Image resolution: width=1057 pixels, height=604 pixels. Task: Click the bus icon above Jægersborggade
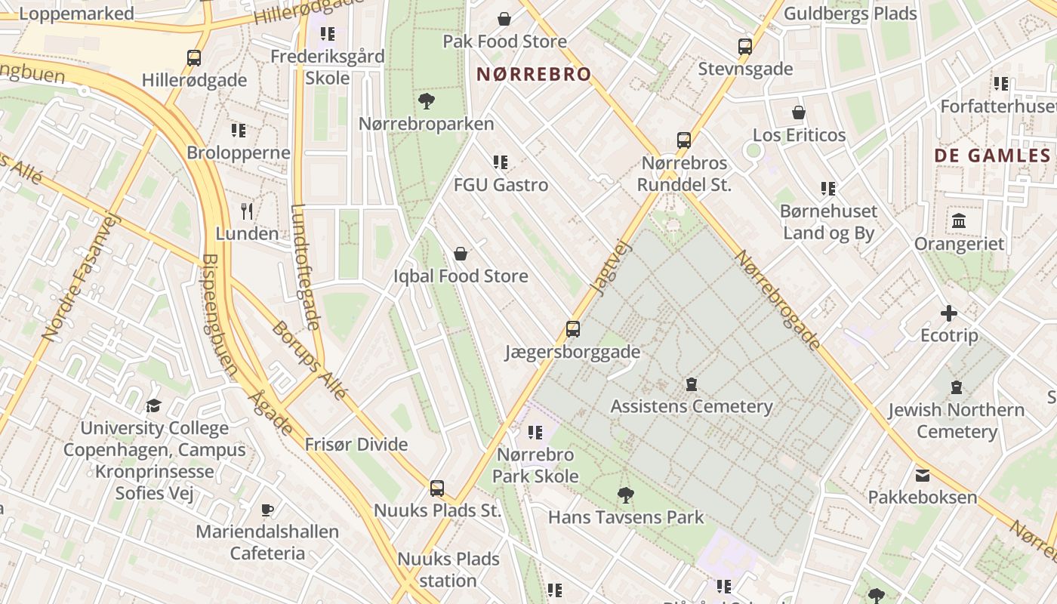[573, 329]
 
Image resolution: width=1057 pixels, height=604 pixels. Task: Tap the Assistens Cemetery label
[691, 407]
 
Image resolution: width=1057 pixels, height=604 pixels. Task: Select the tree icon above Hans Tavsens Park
[625, 495]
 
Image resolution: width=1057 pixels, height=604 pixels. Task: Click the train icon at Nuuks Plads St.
[437, 488]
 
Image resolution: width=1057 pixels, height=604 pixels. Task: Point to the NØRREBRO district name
[533, 74]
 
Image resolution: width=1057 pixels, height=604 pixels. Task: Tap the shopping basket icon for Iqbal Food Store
[461, 254]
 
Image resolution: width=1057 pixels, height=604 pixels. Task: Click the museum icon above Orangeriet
[959, 221]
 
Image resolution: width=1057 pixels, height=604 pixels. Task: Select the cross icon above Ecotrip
[949, 313]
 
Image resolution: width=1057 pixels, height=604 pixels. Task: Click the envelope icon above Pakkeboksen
[922, 476]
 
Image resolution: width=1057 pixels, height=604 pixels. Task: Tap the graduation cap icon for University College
[154, 405]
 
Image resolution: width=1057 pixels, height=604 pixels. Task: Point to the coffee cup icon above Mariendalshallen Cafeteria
[267, 510]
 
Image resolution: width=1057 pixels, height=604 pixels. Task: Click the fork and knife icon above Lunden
[247, 211]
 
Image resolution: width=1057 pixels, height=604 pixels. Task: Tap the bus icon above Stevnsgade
[745, 47]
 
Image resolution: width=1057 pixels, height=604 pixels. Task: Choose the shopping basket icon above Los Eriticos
[799, 113]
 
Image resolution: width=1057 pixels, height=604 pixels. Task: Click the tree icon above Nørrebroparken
[427, 101]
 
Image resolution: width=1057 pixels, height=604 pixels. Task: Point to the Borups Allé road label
[310, 361]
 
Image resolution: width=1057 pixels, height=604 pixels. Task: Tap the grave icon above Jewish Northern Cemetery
[957, 387]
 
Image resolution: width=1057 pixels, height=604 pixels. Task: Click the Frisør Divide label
[356, 445]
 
